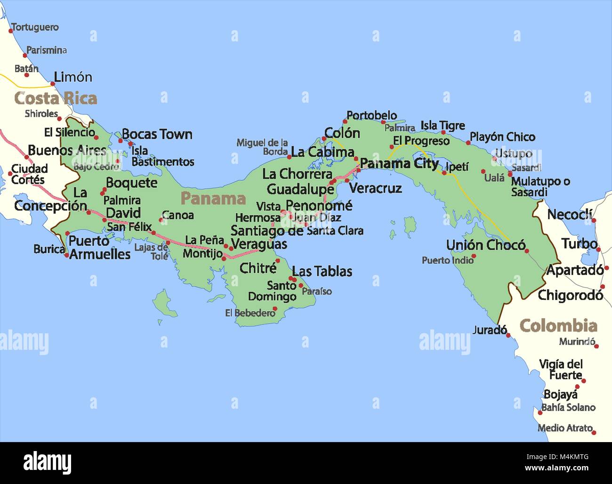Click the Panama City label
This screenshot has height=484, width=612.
coord(399,164)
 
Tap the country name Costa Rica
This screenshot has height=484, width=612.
coord(56,98)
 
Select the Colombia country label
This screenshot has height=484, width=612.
coord(558,326)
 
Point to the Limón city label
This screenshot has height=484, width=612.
coord(73,77)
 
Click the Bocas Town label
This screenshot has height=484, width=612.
coord(157,135)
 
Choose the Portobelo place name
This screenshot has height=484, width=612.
coord(371,115)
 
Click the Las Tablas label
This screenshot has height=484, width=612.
coord(322,272)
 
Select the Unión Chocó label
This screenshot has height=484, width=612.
coord(485,245)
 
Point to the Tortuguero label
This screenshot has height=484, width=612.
coord(35,27)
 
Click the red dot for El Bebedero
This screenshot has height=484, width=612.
coord(275,309)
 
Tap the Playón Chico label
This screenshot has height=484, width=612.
coord(502,137)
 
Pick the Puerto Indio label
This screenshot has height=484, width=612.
coord(448,260)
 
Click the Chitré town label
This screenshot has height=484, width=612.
coord(258,268)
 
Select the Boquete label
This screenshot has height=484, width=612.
coord(131,183)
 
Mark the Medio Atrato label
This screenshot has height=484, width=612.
coord(565,428)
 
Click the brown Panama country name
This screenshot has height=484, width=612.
coord(213,199)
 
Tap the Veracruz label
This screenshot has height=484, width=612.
coord(376,188)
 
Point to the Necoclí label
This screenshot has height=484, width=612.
coord(570,215)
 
